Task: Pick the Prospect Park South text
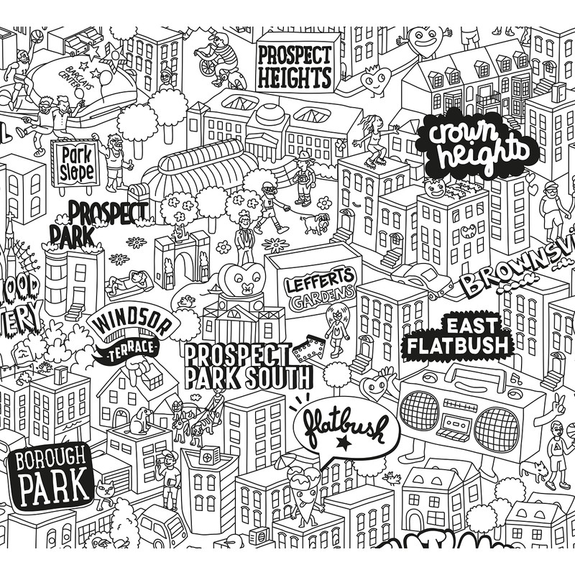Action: (247, 365)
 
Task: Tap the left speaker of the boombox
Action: (419, 412)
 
